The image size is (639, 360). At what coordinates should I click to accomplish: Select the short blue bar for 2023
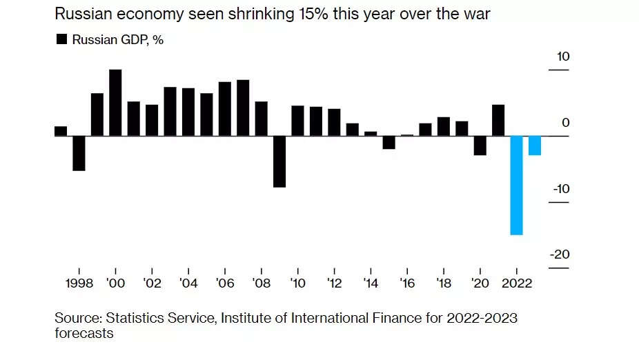coord(534,146)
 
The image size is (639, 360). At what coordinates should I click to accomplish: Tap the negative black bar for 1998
coord(79,153)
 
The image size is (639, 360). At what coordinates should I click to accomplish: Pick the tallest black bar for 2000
coord(115,103)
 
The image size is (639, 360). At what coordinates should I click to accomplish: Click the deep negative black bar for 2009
coord(279,161)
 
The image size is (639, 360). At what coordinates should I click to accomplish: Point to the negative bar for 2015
coord(389,142)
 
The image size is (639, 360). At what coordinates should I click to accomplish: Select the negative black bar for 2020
coord(480,146)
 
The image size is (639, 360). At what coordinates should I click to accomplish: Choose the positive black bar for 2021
coord(498,120)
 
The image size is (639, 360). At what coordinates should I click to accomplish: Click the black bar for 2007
coord(243,108)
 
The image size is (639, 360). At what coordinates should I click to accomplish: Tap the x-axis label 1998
coord(79,283)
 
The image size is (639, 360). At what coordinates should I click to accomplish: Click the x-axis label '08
coord(261,283)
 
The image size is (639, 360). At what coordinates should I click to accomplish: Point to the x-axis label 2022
coord(516,283)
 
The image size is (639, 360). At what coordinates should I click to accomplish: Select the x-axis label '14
coord(371,283)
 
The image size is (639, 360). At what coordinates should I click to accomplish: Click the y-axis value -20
coord(559,254)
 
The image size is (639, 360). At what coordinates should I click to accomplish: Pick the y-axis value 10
coord(563,57)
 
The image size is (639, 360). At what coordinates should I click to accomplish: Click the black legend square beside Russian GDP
coord(61,39)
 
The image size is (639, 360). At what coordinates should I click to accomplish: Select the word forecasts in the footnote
coord(84,334)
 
